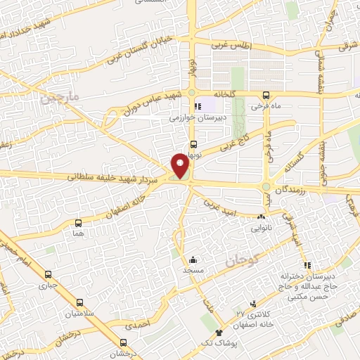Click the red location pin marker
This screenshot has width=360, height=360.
coord(181,165)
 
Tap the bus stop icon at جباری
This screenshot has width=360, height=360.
coord(48,275)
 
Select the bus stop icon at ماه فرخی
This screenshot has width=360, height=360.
coord(266,95)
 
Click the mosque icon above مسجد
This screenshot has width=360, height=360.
coord(192,259)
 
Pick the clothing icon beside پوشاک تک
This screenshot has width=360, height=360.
coord(219,331)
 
